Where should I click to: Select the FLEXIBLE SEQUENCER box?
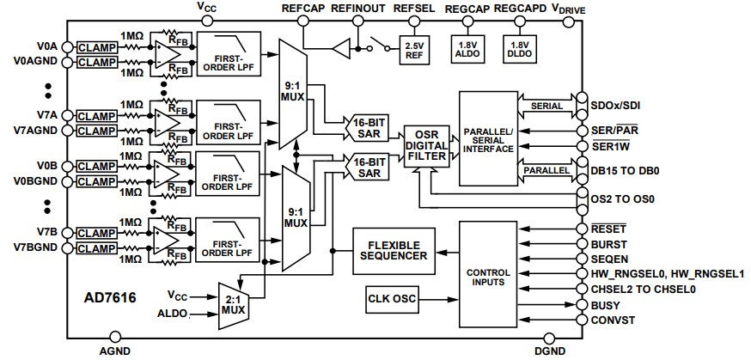(x=394, y=249)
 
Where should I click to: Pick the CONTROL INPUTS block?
(x=487, y=273)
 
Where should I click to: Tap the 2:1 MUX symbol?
(x=232, y=303)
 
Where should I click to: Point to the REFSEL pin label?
(x=412, y=8)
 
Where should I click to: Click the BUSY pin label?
(x=607, y=305)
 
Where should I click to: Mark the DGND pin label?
(x=550, y=350)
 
